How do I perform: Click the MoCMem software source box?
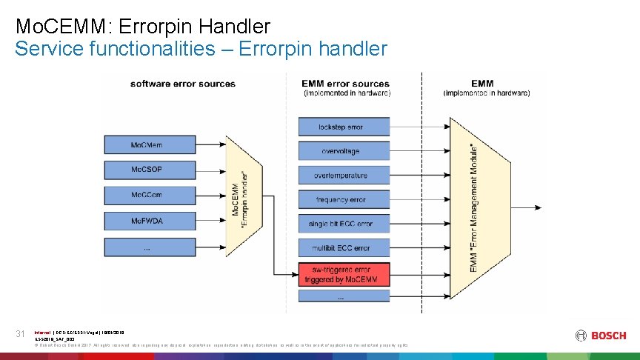pos(147,144)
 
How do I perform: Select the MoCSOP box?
pos(147,170)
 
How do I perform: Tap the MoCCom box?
pos(147,195)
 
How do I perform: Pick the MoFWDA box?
pos(147,221)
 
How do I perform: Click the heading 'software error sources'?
pos(182,84)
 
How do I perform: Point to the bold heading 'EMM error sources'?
pos(345,84)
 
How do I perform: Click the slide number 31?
pos(21,334)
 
